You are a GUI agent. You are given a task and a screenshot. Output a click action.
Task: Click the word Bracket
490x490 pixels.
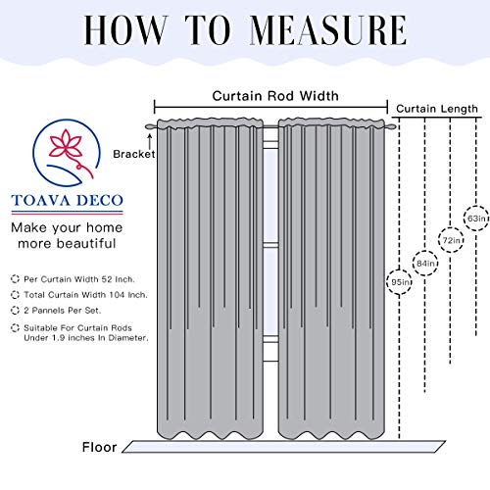(x=134, y=154)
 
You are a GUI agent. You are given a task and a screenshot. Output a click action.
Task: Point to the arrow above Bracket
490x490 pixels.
(x=150, y=142)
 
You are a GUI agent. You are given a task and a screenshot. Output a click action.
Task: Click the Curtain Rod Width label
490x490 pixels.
(x=275, y=96)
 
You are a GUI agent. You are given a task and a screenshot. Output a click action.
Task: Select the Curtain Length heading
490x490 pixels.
(x=437, y=109)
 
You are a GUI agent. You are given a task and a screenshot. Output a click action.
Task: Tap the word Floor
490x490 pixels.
(x=99, y=447)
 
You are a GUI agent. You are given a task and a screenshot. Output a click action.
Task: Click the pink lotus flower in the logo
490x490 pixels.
(x=66, y=145)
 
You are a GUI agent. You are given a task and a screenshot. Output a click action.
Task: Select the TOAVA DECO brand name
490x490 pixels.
(x=67, y=200)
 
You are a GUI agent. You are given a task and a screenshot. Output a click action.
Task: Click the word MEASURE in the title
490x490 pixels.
(x=328, y=30)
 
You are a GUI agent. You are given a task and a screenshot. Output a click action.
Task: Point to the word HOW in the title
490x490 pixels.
(x=125, y=30)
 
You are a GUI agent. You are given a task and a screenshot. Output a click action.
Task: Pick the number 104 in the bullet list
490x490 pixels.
(x=117, y=295)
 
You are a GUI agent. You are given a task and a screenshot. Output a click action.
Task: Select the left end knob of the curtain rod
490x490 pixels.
(x=150, y=126)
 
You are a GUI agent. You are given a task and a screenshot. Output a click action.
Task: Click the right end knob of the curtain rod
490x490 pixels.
(x=391, y=126)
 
